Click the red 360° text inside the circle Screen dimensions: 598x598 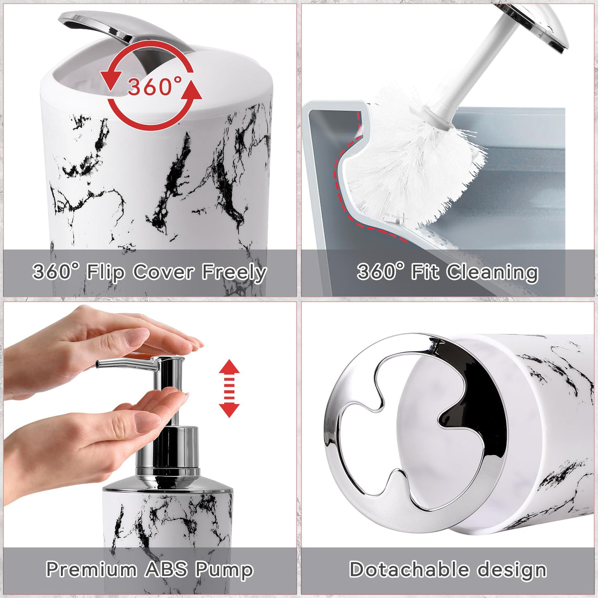154,86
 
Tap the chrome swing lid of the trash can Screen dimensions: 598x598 124,29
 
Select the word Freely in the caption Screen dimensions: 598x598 234,273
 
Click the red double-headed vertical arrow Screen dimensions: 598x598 229,389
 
